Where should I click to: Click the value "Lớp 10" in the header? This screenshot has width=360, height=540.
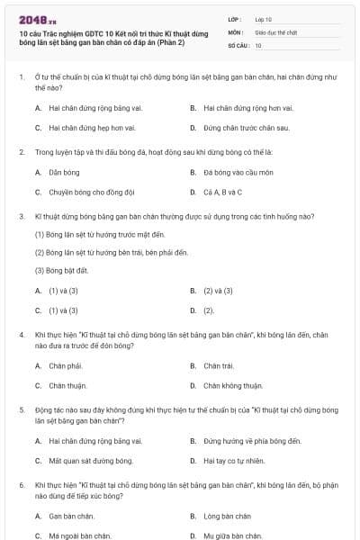pyautogui.click(x=265, y=18)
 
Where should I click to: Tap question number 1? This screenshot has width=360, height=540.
pyautogui.click(x=21, y=77)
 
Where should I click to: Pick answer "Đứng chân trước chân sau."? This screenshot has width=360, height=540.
pyautogui.click(x=233, y=128)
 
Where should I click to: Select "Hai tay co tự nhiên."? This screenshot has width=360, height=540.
pyautogui.click(x=234, y=461)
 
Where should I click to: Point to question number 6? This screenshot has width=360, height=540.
pyautogui.click(x=21, y=484)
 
